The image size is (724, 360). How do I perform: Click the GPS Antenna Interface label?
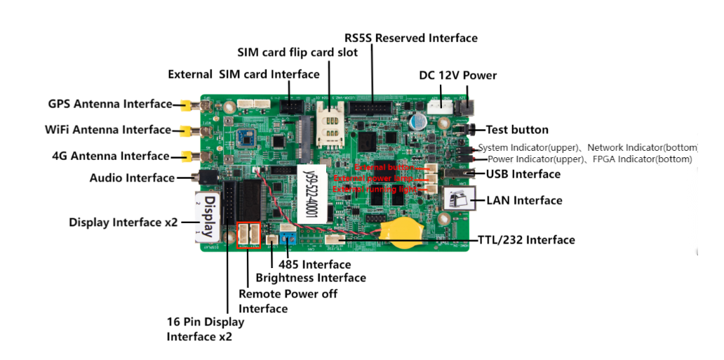click(x=109, y=104)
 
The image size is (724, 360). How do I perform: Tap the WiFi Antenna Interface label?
click(x=107, y=130)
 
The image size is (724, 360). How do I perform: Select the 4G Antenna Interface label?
click(x=110, y=156)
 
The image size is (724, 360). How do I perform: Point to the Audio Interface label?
click(x=132, y=178)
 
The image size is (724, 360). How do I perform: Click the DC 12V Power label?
click(x=457, y=76)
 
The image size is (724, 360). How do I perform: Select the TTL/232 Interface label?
click(x=526, y=240)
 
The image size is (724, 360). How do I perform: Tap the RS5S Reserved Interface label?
click(x=410, y=38)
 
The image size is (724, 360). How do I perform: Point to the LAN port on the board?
click(x=460, y=199)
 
